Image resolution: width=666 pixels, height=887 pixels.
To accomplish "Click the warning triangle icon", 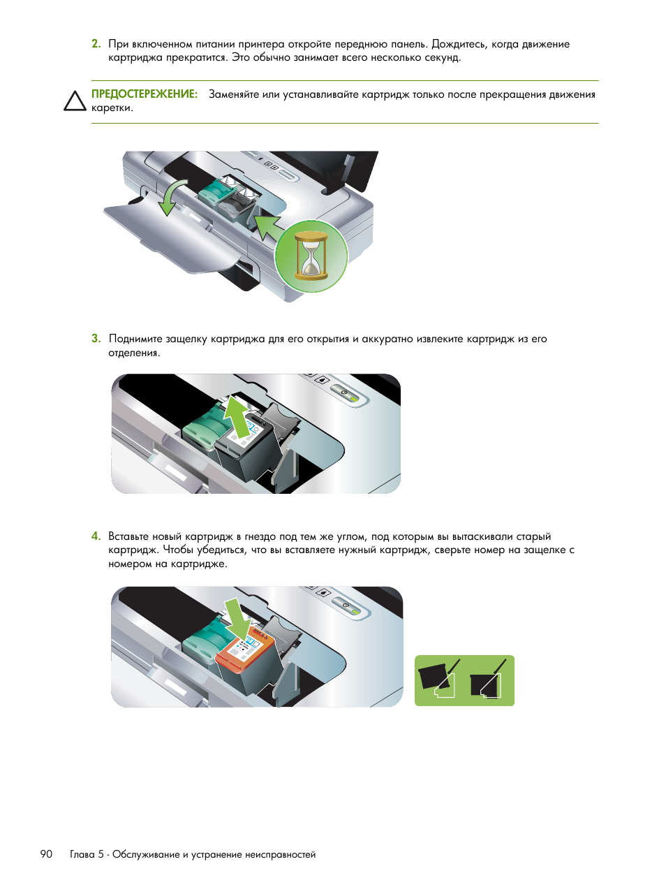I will click(75, 101).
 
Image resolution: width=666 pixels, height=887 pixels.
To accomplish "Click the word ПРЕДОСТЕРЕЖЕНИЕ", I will click(145, 94).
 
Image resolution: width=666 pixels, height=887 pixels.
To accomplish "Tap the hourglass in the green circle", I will click(311, 256).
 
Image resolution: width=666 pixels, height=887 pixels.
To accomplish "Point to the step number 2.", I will click(96, 44).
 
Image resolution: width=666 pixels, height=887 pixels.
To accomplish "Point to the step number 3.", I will click(96, 339).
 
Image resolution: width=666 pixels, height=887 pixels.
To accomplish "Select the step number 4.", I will click(96, 536).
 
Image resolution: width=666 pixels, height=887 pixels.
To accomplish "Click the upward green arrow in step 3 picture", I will click(237, 416).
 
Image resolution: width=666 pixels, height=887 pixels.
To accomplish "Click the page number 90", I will click(46, 854).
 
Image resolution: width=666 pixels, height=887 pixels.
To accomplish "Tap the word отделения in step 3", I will click(133, 353).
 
